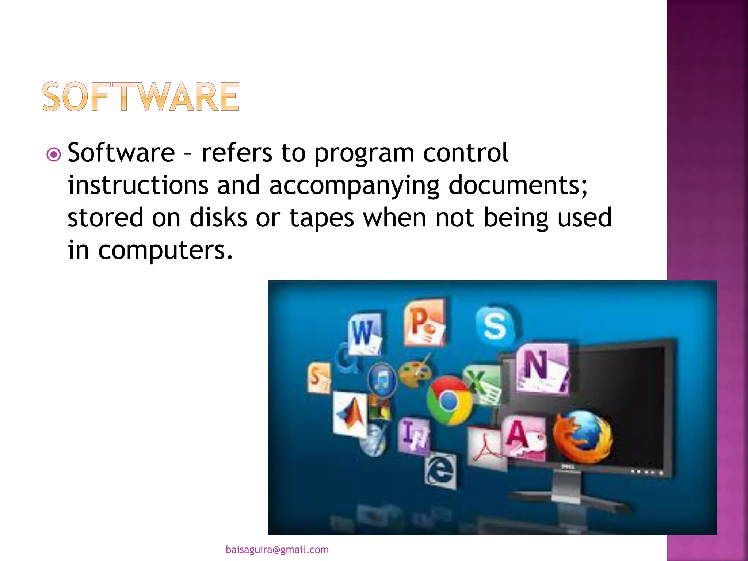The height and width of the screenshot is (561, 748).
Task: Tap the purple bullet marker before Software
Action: click(x=54, y=154)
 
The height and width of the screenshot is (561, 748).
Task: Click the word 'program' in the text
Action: click(x=364, y=153)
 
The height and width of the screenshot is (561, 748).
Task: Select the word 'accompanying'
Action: click(x=354, y=185)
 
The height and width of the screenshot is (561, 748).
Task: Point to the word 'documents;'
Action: click(x=518, y=185)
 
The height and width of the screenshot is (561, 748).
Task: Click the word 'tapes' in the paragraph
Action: click(x=322, y=218)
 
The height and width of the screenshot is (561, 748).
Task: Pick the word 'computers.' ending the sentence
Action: click(x=165, y=250)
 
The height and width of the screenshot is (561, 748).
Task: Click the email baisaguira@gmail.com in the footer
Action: click(x=277, y=550)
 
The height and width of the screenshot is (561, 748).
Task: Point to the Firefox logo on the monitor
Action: click(x=581, y=436)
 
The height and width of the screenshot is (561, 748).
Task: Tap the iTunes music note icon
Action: click(x=382, y=380)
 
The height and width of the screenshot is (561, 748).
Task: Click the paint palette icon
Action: click(x=415, y=373)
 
